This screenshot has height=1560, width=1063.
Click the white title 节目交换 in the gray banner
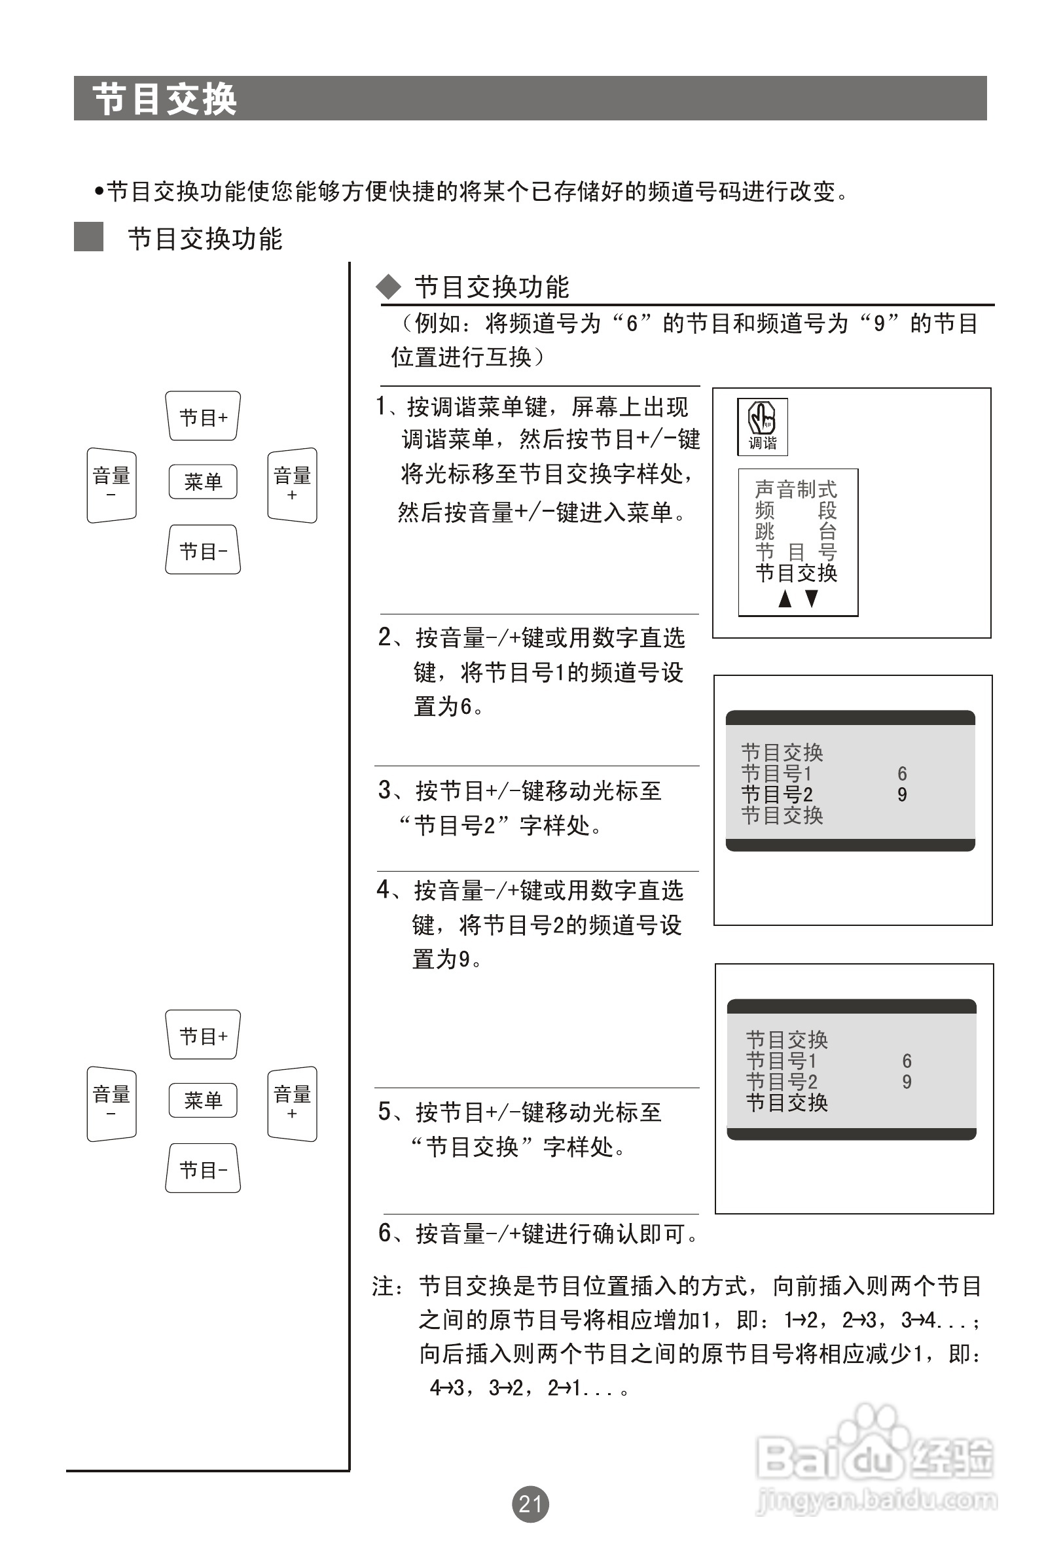164,99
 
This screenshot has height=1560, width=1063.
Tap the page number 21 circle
530,1504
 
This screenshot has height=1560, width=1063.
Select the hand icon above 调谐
762,417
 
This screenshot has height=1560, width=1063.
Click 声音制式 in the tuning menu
796,489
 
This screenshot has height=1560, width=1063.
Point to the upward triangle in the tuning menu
784,599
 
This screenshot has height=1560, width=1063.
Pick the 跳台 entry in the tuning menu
796,531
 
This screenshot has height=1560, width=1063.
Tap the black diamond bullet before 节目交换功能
388,287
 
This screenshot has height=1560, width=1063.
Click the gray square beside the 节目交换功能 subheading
88,237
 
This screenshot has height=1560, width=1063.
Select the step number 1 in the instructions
382,406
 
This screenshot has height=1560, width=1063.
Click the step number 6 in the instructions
385,1232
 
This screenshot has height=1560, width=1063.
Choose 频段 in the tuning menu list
796,510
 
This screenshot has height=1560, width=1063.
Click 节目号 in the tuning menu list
796,552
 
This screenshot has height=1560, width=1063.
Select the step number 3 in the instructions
385,790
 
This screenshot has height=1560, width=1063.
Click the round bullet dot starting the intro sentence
99,192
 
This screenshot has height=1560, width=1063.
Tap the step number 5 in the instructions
385,1112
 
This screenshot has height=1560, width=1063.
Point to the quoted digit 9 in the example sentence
879,324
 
